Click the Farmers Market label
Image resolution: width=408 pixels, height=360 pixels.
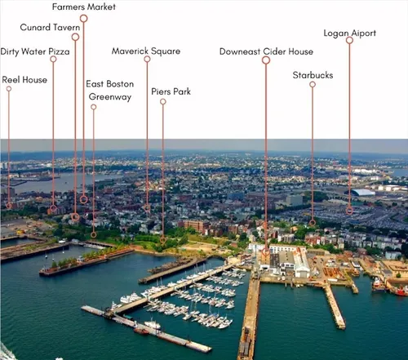click(84, 7)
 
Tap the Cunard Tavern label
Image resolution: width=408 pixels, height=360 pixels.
click(50, 27)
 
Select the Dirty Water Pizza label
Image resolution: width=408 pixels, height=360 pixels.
click(35, 51)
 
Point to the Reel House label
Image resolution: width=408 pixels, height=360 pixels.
click(24, 80)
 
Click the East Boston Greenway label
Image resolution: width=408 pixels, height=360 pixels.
click(110, 91)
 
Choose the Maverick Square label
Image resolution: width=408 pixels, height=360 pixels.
click(146, 51)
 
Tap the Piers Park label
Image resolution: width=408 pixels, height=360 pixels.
click(171, 91)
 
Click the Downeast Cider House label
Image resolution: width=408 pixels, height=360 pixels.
click(266, 51)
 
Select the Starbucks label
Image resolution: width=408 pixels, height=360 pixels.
click(313, 75)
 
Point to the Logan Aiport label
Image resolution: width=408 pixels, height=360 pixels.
click(350, 33)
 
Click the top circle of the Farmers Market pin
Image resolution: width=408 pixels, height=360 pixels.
click(84, 18)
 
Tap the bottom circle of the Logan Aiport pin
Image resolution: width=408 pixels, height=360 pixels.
click(349, 211)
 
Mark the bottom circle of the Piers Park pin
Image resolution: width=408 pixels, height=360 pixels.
click(163, 240)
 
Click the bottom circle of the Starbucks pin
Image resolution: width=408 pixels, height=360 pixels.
click(313, 223)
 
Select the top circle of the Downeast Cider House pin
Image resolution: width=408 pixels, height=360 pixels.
click(266, 60)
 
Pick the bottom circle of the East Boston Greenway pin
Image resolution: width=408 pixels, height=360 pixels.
click(94, 234)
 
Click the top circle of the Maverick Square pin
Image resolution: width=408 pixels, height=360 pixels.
click(147, 59)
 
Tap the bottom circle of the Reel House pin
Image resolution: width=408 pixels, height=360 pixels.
click(9, 206)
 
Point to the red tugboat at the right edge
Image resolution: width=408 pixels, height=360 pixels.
click(400, 291)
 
